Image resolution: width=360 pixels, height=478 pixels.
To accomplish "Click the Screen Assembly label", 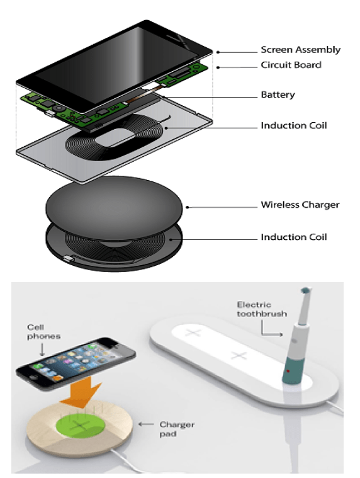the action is [300, 50].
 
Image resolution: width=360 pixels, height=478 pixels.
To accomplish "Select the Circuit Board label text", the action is [291, 65].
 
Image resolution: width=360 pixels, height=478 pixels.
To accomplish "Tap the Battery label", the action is [278, 95].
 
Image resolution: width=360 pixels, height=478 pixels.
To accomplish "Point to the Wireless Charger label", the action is [300, 205].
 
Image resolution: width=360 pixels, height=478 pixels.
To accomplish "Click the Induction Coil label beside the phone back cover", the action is [294, 125].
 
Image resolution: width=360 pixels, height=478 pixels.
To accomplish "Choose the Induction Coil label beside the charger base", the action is [294, 237].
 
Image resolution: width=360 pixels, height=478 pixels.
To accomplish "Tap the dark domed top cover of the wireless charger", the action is [114, 207].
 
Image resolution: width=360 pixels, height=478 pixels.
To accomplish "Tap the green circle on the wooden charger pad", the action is [80, 424].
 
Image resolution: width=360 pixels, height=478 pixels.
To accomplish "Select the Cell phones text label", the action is [43, 332].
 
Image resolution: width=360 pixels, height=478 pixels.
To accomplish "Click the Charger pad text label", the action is [177, 429].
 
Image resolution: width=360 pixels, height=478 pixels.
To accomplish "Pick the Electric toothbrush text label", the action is [262, 309].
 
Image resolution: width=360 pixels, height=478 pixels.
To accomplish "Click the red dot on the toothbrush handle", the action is [288, 372].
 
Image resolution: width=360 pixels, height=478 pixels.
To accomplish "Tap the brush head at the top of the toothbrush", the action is [305, 290].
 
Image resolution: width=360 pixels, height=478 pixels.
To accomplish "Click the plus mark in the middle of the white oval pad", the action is [239, 355].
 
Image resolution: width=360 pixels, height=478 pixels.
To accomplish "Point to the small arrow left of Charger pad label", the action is [146, 424].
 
